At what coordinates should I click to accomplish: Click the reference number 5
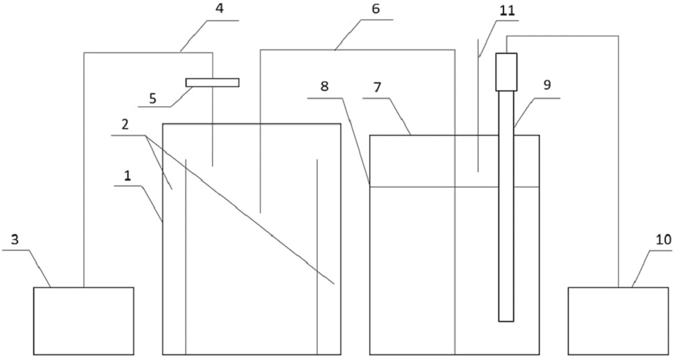[x=152, y=97]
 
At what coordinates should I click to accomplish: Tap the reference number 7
[x=377, y=88]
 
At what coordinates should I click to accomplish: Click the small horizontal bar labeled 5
[x=212, y=82]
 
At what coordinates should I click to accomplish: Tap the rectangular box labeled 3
[x=84, y=320]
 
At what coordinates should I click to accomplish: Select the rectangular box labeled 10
[x=618, y=320]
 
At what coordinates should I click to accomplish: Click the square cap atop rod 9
[x=506, y=71]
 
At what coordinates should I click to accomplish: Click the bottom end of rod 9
[x=506, y=320]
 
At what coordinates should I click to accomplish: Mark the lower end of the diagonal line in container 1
[x=334, y=284]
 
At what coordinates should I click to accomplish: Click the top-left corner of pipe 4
[x=84, y=53]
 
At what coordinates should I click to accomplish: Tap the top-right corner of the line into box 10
[x=618, y=36]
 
